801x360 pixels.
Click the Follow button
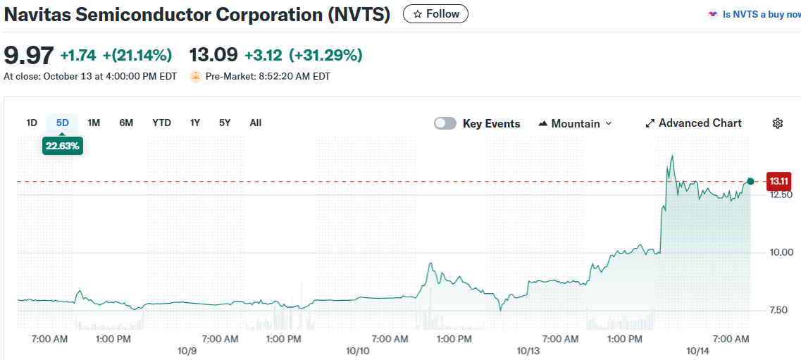[435, 14]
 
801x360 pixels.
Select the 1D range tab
[32, 123]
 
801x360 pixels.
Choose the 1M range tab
[94, 123]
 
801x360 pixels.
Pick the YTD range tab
[161, 123]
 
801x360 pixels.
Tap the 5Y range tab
[225, 123]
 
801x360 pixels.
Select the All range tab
[256, 123]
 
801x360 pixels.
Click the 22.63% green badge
[63, 146]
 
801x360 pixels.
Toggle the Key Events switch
[445, 123]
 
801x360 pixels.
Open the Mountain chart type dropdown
[575, 123]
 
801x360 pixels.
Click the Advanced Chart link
[693, 123]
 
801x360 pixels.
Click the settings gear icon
[778, 123]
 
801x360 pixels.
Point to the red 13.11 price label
[778, 181]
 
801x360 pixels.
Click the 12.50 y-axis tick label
[781, 194]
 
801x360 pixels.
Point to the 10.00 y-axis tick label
[781, 252]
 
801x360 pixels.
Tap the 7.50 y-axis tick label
[779, 310]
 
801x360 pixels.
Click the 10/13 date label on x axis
[528, 351]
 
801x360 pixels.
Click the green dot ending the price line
[750, 182]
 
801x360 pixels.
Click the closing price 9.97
[28, 55]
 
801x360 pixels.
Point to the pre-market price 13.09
[213, 55]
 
